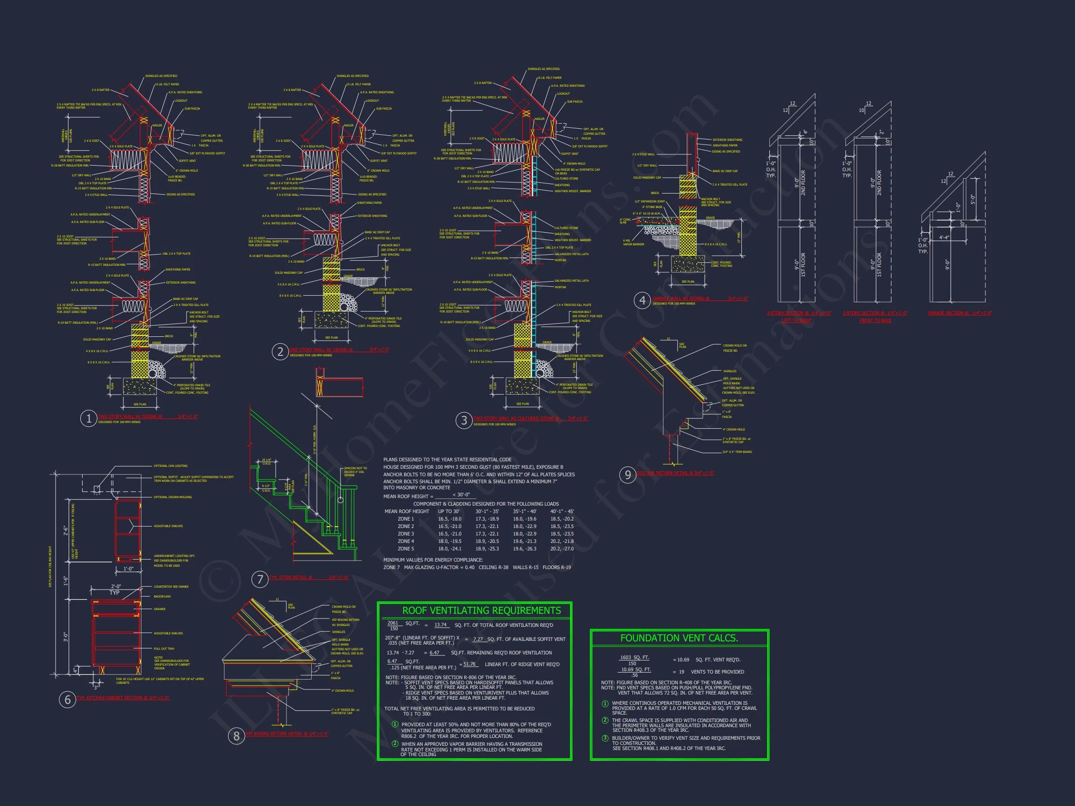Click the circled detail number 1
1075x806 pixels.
coord(89,419)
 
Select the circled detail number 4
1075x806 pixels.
coord(642,301)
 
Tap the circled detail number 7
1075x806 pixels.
coord(260,579)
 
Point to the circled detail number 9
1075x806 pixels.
coord(628,475)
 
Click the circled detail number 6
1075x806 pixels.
coord(68,700)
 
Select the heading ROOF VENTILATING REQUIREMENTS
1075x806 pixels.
coord(481,611)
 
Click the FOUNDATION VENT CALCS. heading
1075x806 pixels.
coord(679,638)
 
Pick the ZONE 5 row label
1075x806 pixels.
coord(406,549)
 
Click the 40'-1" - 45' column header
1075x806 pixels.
coord(562,511)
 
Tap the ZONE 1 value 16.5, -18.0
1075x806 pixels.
coord(449,519)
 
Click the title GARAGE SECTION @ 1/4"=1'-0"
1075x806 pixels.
coord(959,313)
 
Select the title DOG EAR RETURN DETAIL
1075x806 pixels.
coord(675,472)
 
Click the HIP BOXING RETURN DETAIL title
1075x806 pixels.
coord(287,734)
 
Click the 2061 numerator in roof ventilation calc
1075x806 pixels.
coord(393,623)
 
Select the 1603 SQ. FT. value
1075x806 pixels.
coord(634,658)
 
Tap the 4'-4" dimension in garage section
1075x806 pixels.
coord(944,237)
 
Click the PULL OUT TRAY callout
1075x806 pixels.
coord(164,649)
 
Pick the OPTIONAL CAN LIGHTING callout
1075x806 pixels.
coord(171,466)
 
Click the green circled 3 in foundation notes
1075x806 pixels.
coord(605,738)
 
